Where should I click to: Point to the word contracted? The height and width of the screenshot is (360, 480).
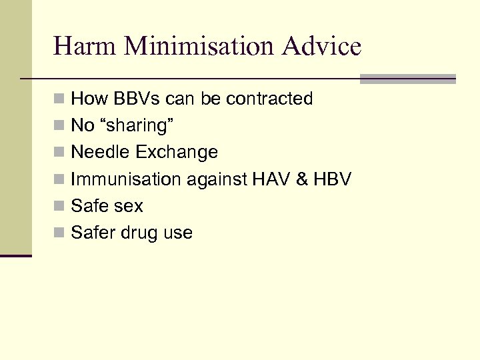click(269, 99)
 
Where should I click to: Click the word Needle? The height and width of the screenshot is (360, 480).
click(101, 153)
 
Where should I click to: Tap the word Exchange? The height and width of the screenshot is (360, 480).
click(177, 153)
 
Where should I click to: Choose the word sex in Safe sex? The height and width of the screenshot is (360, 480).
click(129, 206)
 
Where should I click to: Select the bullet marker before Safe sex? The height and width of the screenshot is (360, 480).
click(60, 207)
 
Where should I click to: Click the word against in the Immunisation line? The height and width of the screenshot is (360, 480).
click(210, 179)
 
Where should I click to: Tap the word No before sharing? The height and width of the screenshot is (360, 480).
click(82, 126)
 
